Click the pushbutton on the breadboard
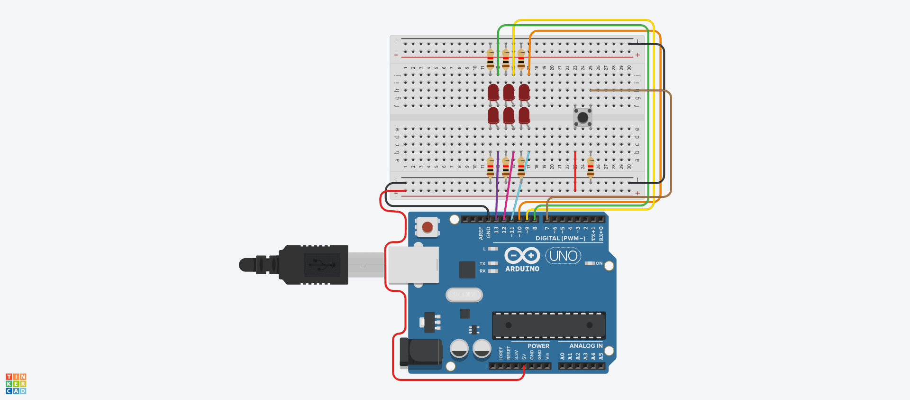coord(582,117)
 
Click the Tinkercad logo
coord(16,384)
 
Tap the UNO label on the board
coord(563,256)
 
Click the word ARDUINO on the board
coord(522,269)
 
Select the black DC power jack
coord(421,353)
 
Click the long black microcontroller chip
coord(548,325)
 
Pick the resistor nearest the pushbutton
coord(591,167)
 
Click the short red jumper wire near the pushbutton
coord(575,171)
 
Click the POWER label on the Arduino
coord(538,346)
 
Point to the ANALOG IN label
coord(586,346)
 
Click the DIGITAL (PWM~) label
coord(560,238)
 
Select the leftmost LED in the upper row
coord(493,92)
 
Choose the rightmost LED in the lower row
coord(524,115)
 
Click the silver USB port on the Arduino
coord(413,265)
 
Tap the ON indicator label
coord(599,263)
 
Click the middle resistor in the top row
coord(506,60)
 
